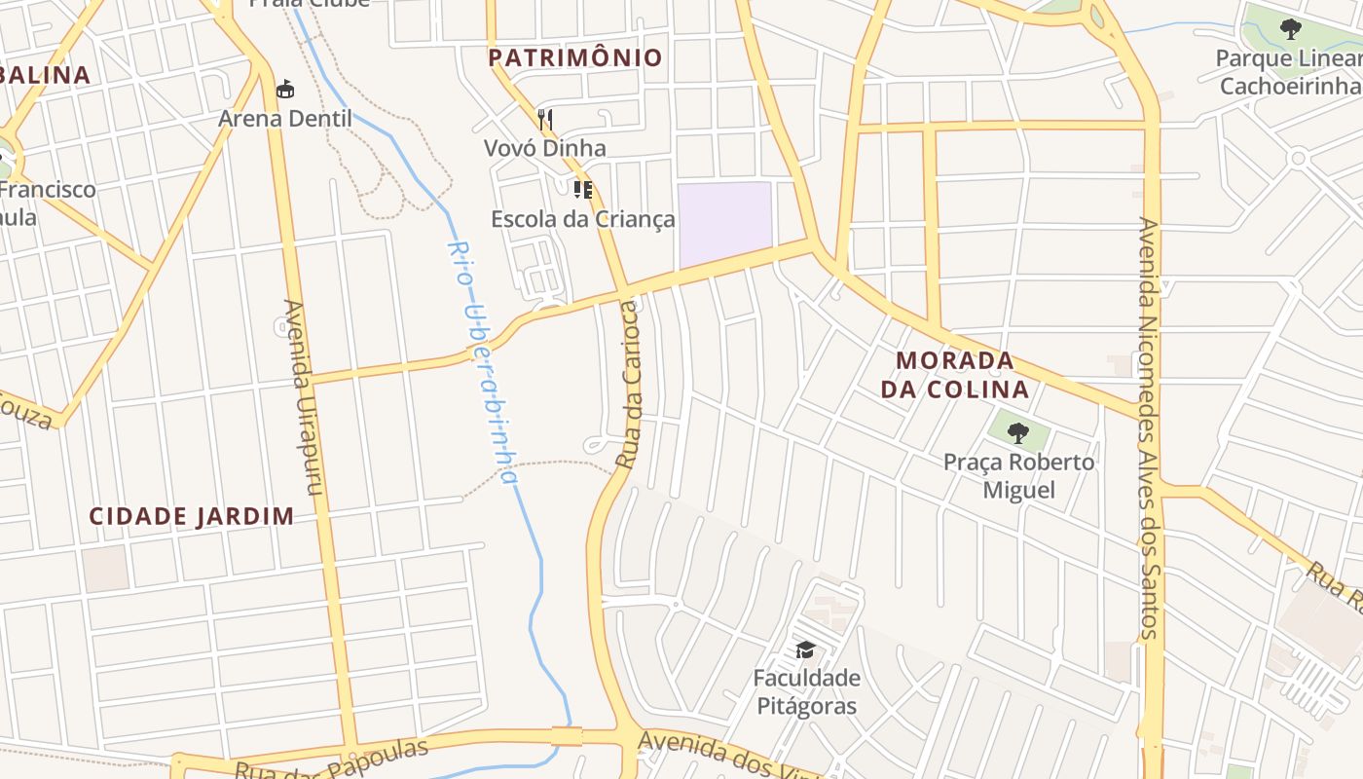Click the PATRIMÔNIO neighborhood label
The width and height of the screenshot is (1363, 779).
574,57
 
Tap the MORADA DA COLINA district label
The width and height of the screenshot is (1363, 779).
954,375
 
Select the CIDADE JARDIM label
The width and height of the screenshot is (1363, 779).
192,516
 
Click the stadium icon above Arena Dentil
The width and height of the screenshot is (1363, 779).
285,90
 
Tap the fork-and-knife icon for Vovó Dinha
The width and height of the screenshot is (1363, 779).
545,120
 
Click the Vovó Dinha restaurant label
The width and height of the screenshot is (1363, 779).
545,148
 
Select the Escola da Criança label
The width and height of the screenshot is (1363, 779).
582,218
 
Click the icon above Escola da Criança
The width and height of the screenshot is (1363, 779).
582,189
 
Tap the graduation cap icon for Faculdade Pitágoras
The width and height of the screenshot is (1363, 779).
805,649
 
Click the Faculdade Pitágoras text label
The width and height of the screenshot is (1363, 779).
806,691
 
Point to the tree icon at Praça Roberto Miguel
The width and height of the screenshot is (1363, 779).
1018,432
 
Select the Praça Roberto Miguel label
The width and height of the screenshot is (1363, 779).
1018,475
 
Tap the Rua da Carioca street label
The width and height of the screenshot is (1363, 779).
629,385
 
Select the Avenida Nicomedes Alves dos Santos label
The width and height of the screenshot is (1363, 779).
1149,428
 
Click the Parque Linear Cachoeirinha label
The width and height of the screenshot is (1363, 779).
1288,72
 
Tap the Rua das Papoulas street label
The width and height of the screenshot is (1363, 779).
331,760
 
